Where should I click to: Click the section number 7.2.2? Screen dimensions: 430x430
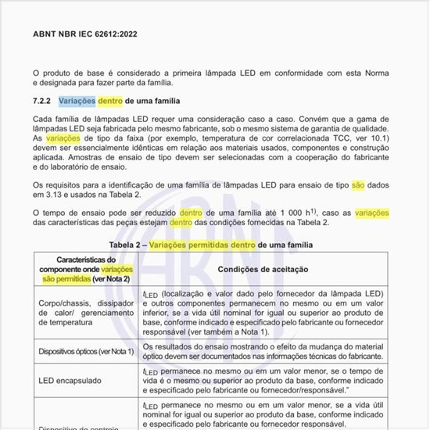pos(42,102)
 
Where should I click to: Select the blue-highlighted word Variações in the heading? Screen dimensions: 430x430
pos(77,102)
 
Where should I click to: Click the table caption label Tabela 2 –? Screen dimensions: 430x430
pos(128,245)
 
